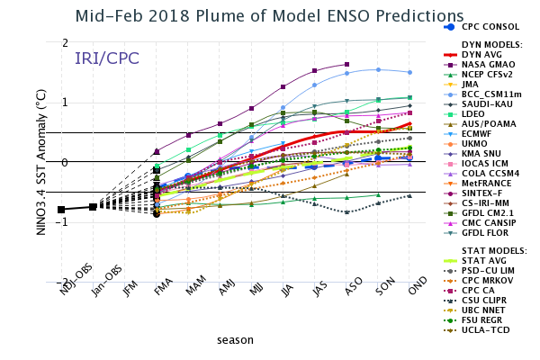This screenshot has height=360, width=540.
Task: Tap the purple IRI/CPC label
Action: point(106,58)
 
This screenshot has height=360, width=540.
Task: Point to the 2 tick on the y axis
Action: point(65,43)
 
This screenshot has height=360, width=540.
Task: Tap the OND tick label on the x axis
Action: point(410,292)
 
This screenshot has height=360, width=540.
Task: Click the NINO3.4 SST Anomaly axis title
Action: point(40,163)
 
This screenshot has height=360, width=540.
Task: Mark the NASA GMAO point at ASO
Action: point(346,65)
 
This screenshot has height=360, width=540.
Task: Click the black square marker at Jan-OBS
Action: point(93,207)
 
